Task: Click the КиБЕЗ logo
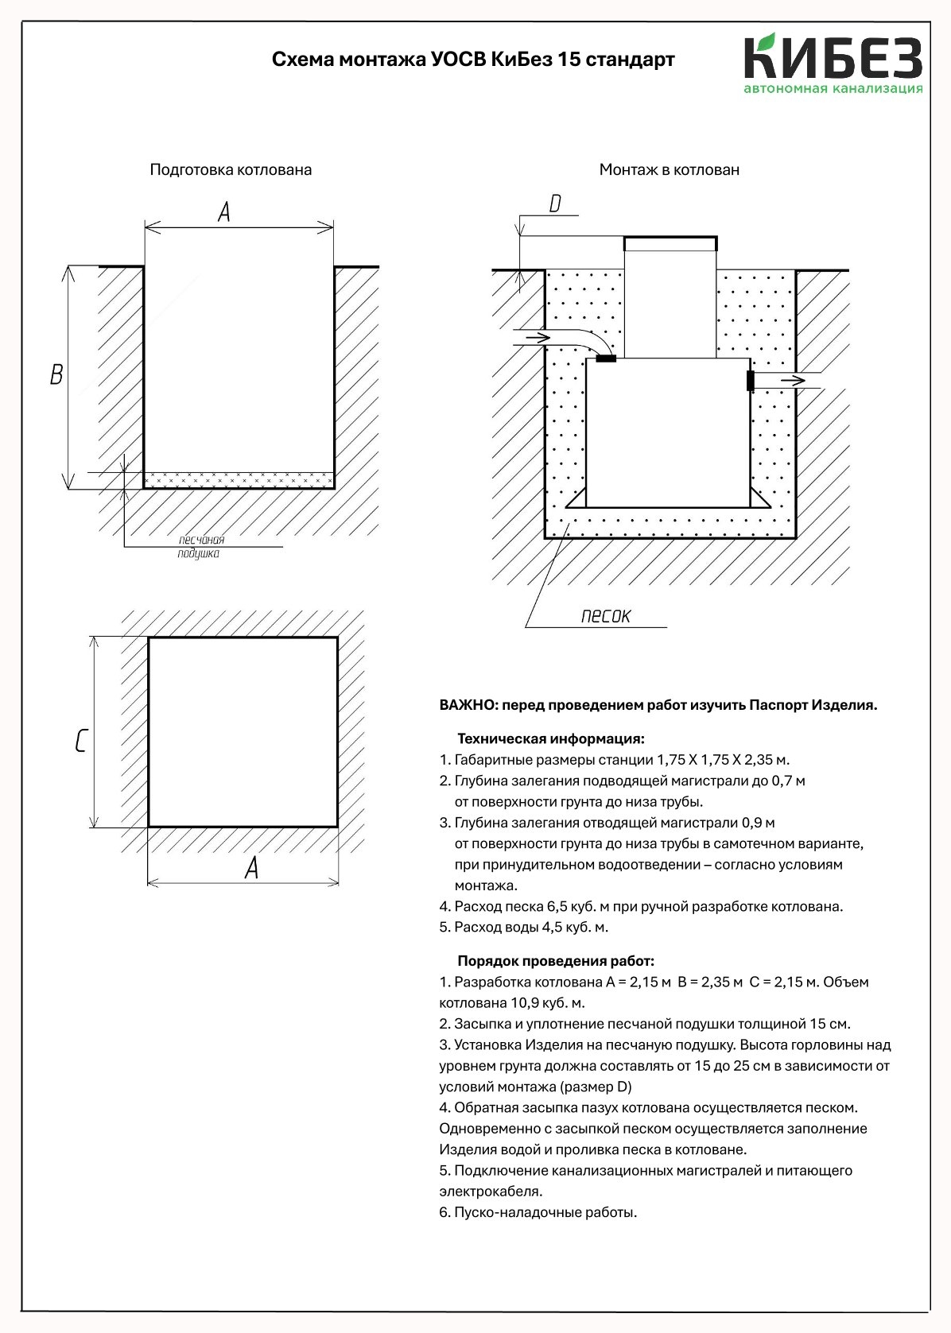tap(833, 64)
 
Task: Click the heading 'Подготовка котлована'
tap(231, 169)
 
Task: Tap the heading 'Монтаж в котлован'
tap(669, 169)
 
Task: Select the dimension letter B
tap(56, 374)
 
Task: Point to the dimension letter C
tap(80, 741)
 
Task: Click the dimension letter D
tap(555, 204)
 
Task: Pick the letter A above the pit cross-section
tap(224, 212)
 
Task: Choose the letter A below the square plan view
tap(251, 868)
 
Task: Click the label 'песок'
tap(605, 616)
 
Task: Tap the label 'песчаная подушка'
tap(200, 546)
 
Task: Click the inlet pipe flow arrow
tap(538, 338)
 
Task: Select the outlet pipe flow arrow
tap(793, 381)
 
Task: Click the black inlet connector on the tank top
tap(606, 358)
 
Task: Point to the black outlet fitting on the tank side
tap(750, 381)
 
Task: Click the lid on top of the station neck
tap(670, 242)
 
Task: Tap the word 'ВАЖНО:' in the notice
tap(468, 705)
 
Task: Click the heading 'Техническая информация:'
tap(550, 738)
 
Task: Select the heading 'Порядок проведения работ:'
tap(555, 961)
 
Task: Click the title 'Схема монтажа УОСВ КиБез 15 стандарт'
tap(473, 60)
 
